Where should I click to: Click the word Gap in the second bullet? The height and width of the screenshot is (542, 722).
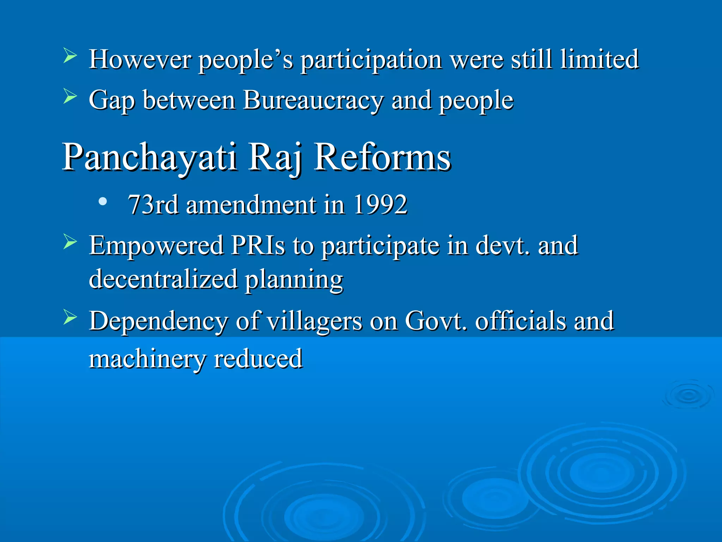tap(111, 101)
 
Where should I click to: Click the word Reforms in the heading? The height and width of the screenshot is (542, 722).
tap(382, 157)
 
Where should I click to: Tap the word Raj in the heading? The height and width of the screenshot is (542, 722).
tap(275, 157)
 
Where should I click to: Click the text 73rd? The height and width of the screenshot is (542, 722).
tap(153, 205)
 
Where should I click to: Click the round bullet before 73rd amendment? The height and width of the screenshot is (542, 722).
tap(103, 202)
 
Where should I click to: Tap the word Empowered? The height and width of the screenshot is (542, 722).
tap(156, 246)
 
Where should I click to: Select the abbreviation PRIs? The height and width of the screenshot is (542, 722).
tap(258, 246)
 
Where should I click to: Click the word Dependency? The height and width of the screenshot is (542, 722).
tap(158, 321)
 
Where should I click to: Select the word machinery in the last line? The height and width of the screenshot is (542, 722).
tap(147, 359)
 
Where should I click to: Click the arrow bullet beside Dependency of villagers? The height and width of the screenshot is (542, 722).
tap(70, 317)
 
